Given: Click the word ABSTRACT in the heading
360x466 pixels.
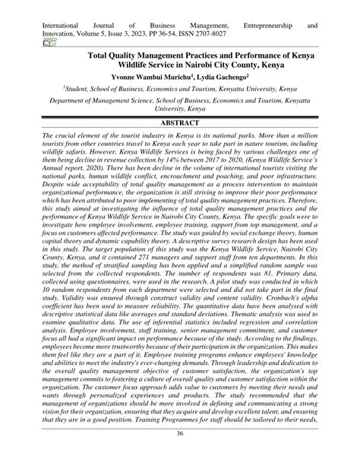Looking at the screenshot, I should (180, 121).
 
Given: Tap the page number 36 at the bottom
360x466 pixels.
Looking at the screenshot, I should (180, 455).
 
